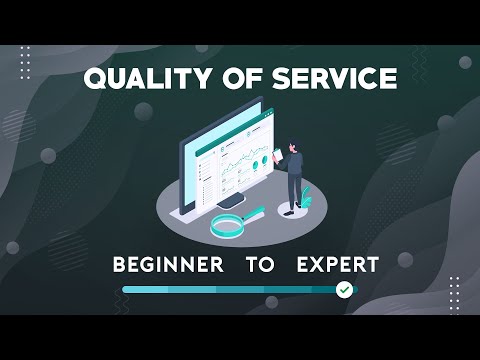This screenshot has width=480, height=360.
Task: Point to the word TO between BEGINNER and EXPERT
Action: [258, 265]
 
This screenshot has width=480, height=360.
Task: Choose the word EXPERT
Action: [338, 265]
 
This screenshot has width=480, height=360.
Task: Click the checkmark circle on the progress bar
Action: [344, 289]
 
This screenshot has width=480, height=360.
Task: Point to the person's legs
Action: [294, 190]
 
